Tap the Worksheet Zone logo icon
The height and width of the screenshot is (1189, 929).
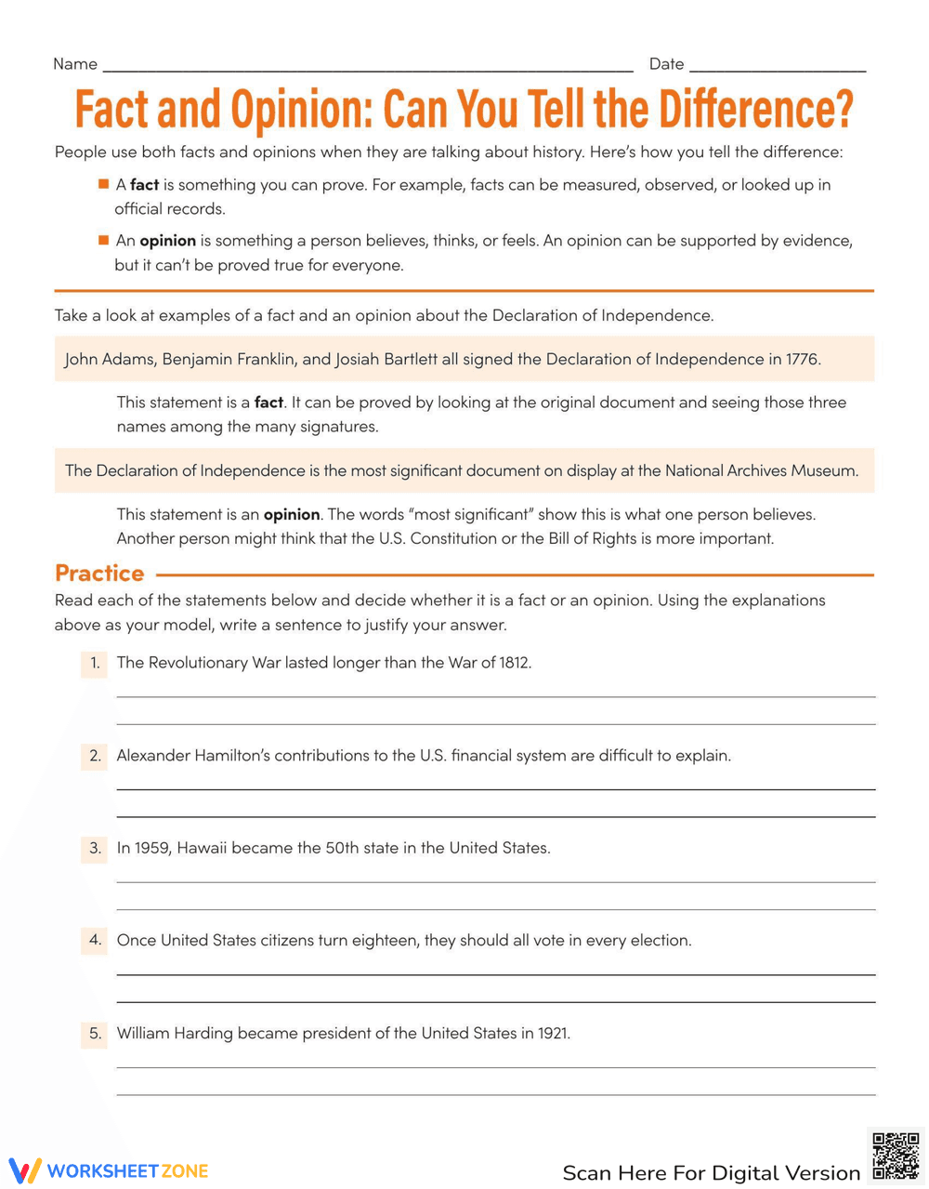pos(25,1170)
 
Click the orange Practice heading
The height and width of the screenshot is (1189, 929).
pos(99,573)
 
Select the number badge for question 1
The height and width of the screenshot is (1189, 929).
pos(94,663)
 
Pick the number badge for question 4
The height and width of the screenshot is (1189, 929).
pos(94,940)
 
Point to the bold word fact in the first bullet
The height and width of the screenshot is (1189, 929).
pos(144,185)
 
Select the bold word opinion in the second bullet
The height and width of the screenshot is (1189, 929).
pos(167,241)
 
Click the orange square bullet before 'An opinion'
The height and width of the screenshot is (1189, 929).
pos(103,240)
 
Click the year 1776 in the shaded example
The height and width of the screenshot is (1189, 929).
pos(802,359)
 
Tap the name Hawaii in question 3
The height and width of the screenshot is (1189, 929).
pos(202,848)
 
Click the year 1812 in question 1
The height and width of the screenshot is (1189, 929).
pos(515,663)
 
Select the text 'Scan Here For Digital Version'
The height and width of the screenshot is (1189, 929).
pos(711,1172)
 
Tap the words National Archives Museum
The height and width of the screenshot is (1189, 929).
pos(761,470)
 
